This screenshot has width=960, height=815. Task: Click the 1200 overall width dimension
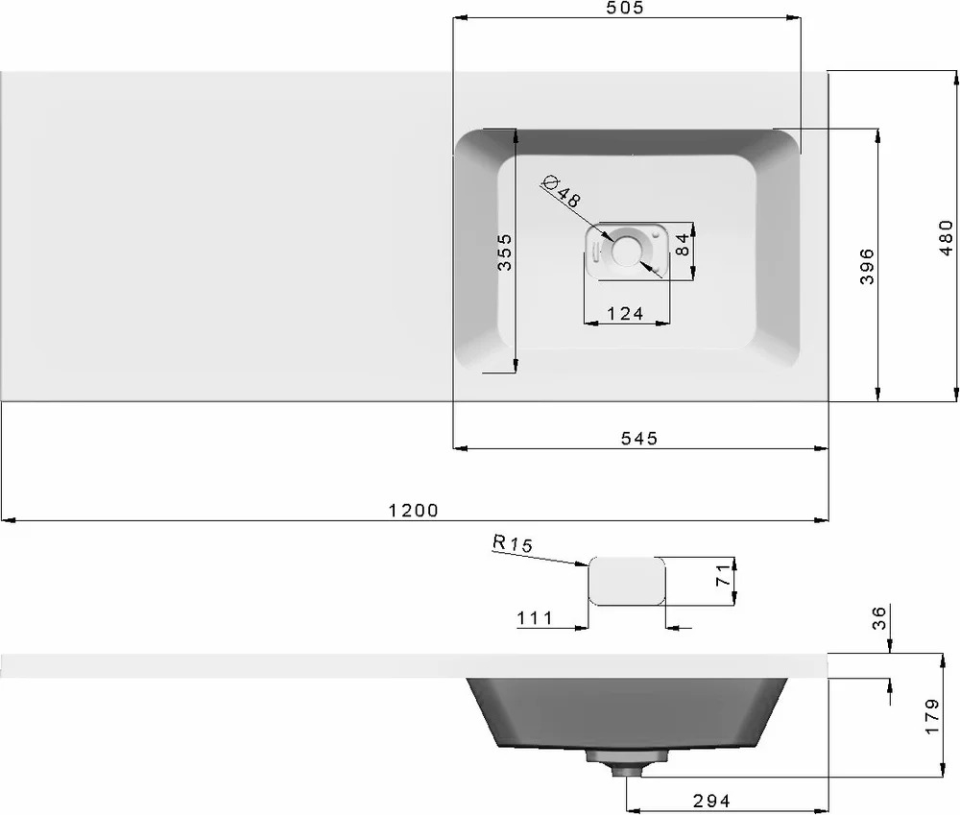[414, 510]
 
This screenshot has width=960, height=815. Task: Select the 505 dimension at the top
[625, 8]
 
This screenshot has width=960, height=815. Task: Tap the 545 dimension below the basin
[639, 439]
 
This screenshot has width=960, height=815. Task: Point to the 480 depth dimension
[947, 237]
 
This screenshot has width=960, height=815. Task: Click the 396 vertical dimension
[867, 266]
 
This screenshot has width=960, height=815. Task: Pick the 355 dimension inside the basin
[505, 252]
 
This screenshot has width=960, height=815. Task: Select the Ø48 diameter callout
[562, 190]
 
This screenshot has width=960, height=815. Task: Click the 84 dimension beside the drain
[682, 245]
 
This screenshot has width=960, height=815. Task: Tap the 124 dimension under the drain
[625, 314]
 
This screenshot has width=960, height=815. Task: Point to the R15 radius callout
[513, 543]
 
